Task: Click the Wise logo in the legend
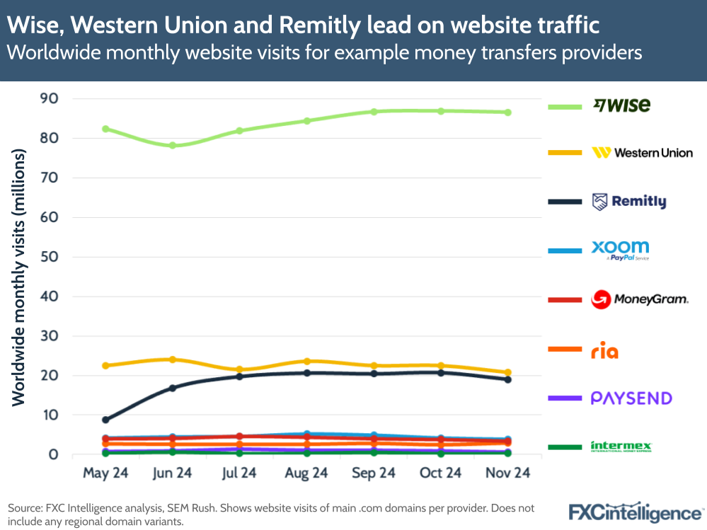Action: click(621, 105)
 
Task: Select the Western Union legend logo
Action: click(642, 153)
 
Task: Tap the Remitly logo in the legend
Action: click(629, 202)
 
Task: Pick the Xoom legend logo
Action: click(620, 249)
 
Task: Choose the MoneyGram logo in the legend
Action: click(639, 299)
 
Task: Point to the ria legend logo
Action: click(604, 350)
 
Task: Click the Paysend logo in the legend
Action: click(631, 398)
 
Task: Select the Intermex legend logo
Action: click(621, 447)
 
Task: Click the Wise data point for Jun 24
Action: click(172, 145)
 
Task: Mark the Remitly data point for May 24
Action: click(105, 420)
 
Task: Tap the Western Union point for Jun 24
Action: click(172, 359)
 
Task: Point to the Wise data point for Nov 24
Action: click(507, 112)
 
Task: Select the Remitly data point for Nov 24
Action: click(507, 379)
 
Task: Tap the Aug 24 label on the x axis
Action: click(306, 473)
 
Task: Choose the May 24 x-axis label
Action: click(105, 473)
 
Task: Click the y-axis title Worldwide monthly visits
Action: click(18, 277)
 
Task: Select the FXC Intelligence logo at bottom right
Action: click(636, 512)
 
